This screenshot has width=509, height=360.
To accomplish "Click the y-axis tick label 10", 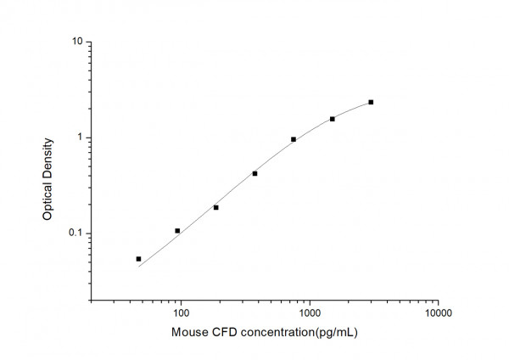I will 76,42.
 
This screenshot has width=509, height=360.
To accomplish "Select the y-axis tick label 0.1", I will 74,233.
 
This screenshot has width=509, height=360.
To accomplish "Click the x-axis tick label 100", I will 181,313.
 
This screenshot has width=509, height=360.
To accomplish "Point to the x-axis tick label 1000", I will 310,313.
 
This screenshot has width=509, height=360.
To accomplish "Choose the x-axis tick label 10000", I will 439,313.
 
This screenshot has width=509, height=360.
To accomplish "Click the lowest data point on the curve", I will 138,259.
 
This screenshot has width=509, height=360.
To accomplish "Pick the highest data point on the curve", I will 371,102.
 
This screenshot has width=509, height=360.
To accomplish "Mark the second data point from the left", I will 177,231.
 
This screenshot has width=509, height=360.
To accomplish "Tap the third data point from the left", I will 215,207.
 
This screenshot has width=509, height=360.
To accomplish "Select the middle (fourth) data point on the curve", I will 255,173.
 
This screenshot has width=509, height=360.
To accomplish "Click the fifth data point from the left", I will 294,139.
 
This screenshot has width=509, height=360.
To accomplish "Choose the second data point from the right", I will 333,119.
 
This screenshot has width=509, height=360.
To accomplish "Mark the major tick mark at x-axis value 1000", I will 310,298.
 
